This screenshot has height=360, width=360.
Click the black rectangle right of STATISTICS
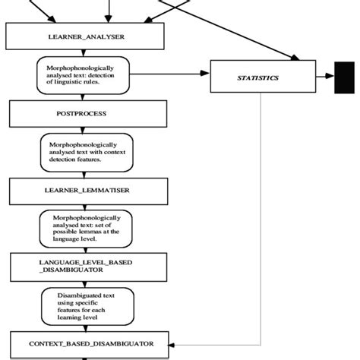tap(344, 77)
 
